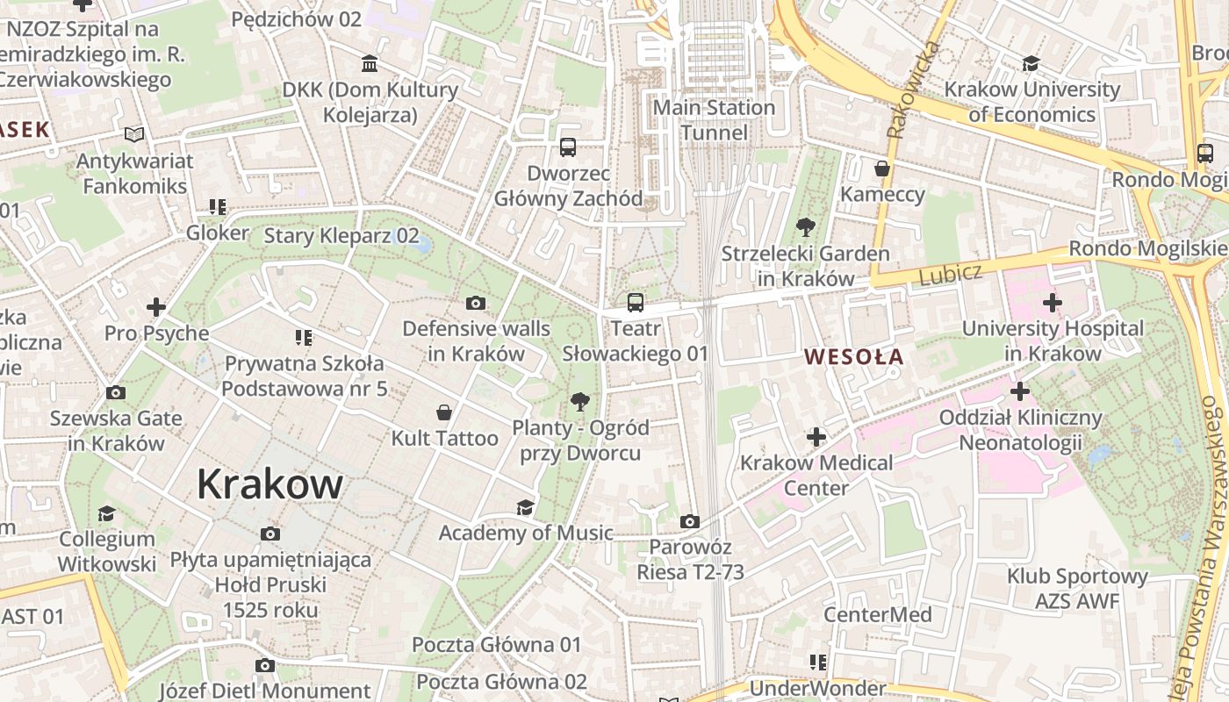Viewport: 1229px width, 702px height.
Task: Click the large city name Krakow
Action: pyautogui.click(x=270, y=484)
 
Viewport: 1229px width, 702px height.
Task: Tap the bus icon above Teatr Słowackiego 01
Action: pyautogui.click(x=635, y=304)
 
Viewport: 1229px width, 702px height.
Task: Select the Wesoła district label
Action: pyautogui.click(x=853, y=357)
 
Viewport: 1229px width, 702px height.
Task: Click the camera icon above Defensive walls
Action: pyautogui.click(x=476, y=304)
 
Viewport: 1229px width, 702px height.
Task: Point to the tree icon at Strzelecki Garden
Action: pyautogui.click(x=804, y=228)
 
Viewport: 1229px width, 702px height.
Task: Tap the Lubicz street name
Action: pyautogui.click(x=950, y=275)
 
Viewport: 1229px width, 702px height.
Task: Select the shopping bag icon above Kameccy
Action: pyautogui.click(x=881, y=168)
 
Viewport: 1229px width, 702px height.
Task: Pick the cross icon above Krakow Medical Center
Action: pyautogui.click(x=816, y=437)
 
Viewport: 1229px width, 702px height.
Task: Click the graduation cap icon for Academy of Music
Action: pyautogui.click(x=525, y=507)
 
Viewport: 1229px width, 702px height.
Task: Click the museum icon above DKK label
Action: pyautogui.click(x=370, y=64)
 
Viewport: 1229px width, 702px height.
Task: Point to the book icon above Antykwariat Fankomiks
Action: pyautogui.click(x=133, y=135)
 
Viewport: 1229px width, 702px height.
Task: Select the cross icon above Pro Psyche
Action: pyautogui.click(x=156, y=307)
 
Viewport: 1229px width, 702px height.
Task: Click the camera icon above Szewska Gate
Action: pyautogui.click(x=115, y=392)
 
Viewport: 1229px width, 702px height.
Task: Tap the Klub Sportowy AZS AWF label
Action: pyautogui.click(x=1077, y=589)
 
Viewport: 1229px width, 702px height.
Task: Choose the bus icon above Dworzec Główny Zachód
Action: pyautogui.click(x=568, y=147)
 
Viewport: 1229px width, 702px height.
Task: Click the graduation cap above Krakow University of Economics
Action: pyautogui.click(x=1031, y=64)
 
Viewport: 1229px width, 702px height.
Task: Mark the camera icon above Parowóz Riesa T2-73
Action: pyautogui.click(x=690, y=522)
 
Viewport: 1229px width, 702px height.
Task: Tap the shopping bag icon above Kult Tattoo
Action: pyautogui.click(x=444, y=412)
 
